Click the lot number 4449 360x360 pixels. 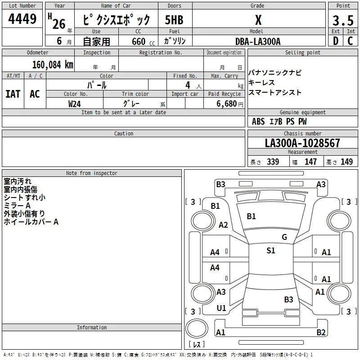(22, 18)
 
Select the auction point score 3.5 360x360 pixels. (343, 20)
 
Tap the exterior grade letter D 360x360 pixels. (336, 41)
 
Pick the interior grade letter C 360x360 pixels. (350, 41)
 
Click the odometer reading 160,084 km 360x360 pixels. (53, 65)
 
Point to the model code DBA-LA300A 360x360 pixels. (258, 41)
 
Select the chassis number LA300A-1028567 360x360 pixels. (302, 143)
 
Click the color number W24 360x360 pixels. (74, 104)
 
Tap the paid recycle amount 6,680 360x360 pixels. (227, 104)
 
